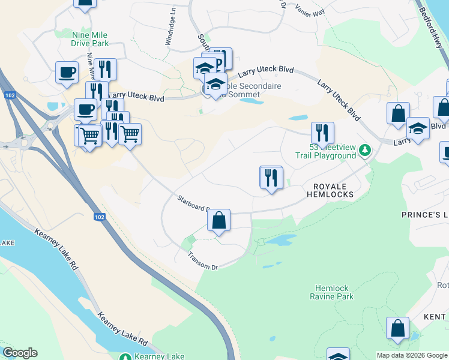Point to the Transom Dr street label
[x=202, y=260]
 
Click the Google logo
[x=20, y=353]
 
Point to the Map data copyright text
[x=411, y=355]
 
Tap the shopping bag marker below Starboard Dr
[x=219, y=221]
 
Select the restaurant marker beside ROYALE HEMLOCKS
[x=271, y=178]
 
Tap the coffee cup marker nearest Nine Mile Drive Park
[x=67, y=73]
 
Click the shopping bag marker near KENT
[x=397, y=329]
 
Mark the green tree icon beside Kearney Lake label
[x=125, y=357]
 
